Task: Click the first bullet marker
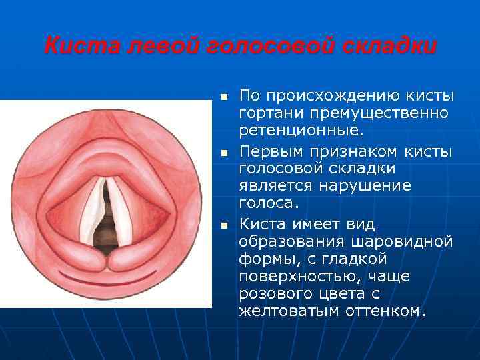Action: coord(224,97)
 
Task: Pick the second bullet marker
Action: coord(224,153)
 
